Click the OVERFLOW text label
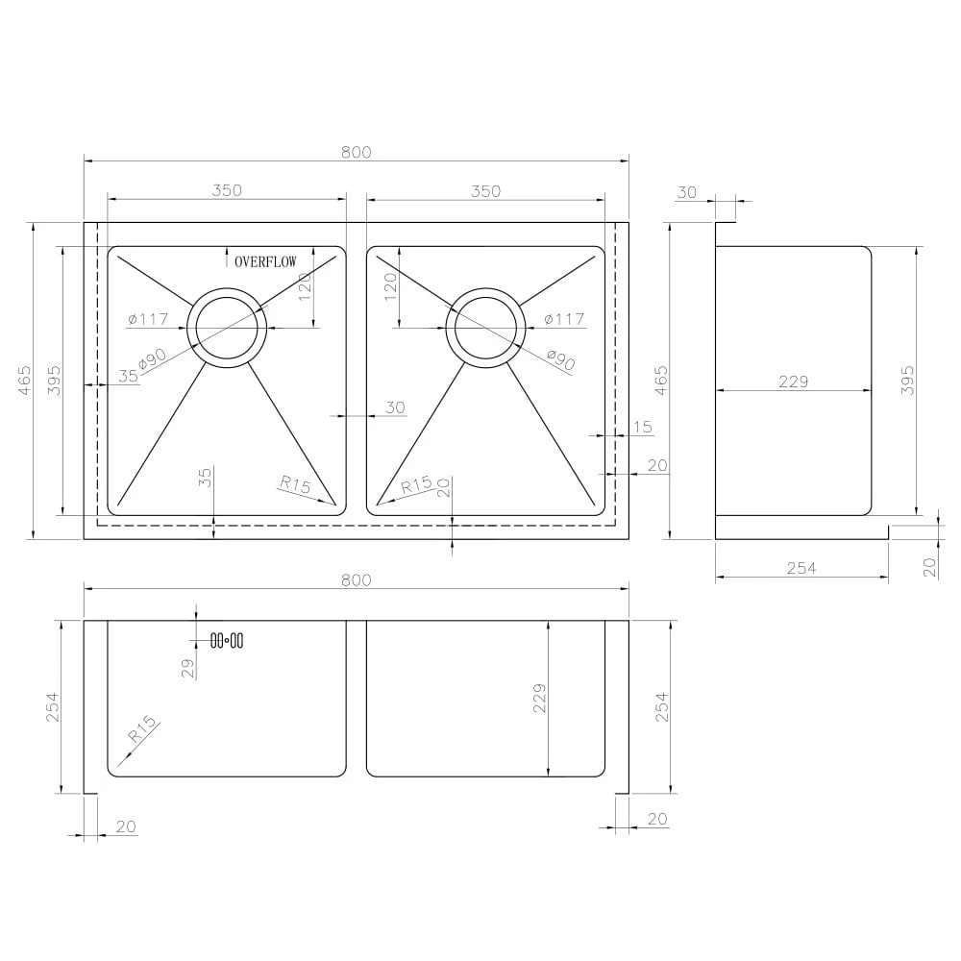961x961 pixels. point(265,260)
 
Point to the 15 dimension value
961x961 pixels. point(643,426)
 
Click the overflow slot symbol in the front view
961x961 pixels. point(226,640)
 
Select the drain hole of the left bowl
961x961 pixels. point(227,327)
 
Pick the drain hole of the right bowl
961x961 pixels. point(486,327)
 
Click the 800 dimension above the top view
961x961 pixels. point(356,152)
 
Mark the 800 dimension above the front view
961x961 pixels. point(356,579)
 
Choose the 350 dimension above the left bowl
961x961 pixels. point(227,190)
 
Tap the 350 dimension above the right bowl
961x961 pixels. point(486,190)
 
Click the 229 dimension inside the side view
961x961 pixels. point(793,382)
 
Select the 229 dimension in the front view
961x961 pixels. point(539,699)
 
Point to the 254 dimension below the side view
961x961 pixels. point(801,568)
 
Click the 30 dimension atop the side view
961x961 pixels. point(686,192)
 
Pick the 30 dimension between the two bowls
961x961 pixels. point(396,407)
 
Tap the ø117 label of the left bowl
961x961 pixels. point(147,319)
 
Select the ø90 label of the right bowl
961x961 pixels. point(560,359)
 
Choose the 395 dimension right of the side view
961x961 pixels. point(935,381)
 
